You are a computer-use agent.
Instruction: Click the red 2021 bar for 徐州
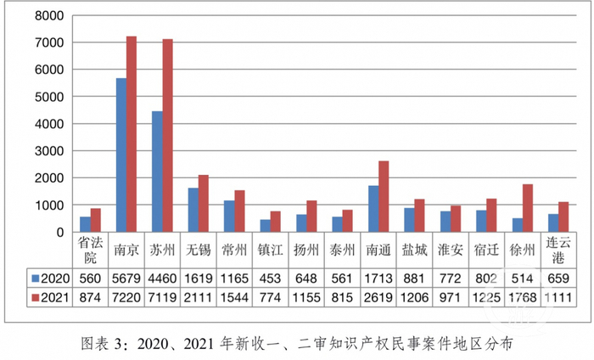pyautogui.click(x=528, y=208)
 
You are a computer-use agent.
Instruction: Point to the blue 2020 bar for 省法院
pyautogui.click(x=86, y=224)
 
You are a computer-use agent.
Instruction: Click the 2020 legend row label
pyautogui.click(x=49, y=278)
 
